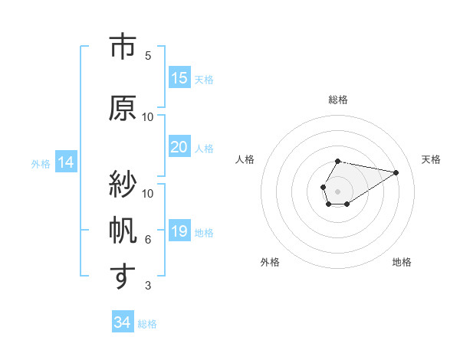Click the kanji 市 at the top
[x=120, y=47]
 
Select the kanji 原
[x=120, y=108]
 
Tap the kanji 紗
[x=120, y=185]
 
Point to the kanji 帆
[x=120, y=231]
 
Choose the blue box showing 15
[x=179, y=78]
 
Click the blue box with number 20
[x=179, y=147]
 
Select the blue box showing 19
[x=179, y=231]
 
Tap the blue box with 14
[x=66, y=162]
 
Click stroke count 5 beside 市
[x=148, y=56]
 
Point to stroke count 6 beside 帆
[x=148, y=240]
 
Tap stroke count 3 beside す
[x=148, y=286]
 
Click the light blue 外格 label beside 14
[x=40, y=163]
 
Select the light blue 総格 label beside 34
[x=147, y=323]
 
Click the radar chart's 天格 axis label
[x=432, y=159]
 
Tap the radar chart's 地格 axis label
[x=402, y=262]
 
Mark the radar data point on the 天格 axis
[x=396, y=172]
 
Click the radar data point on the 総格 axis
[x=338, y=162]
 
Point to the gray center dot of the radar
[x=338, y=190]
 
